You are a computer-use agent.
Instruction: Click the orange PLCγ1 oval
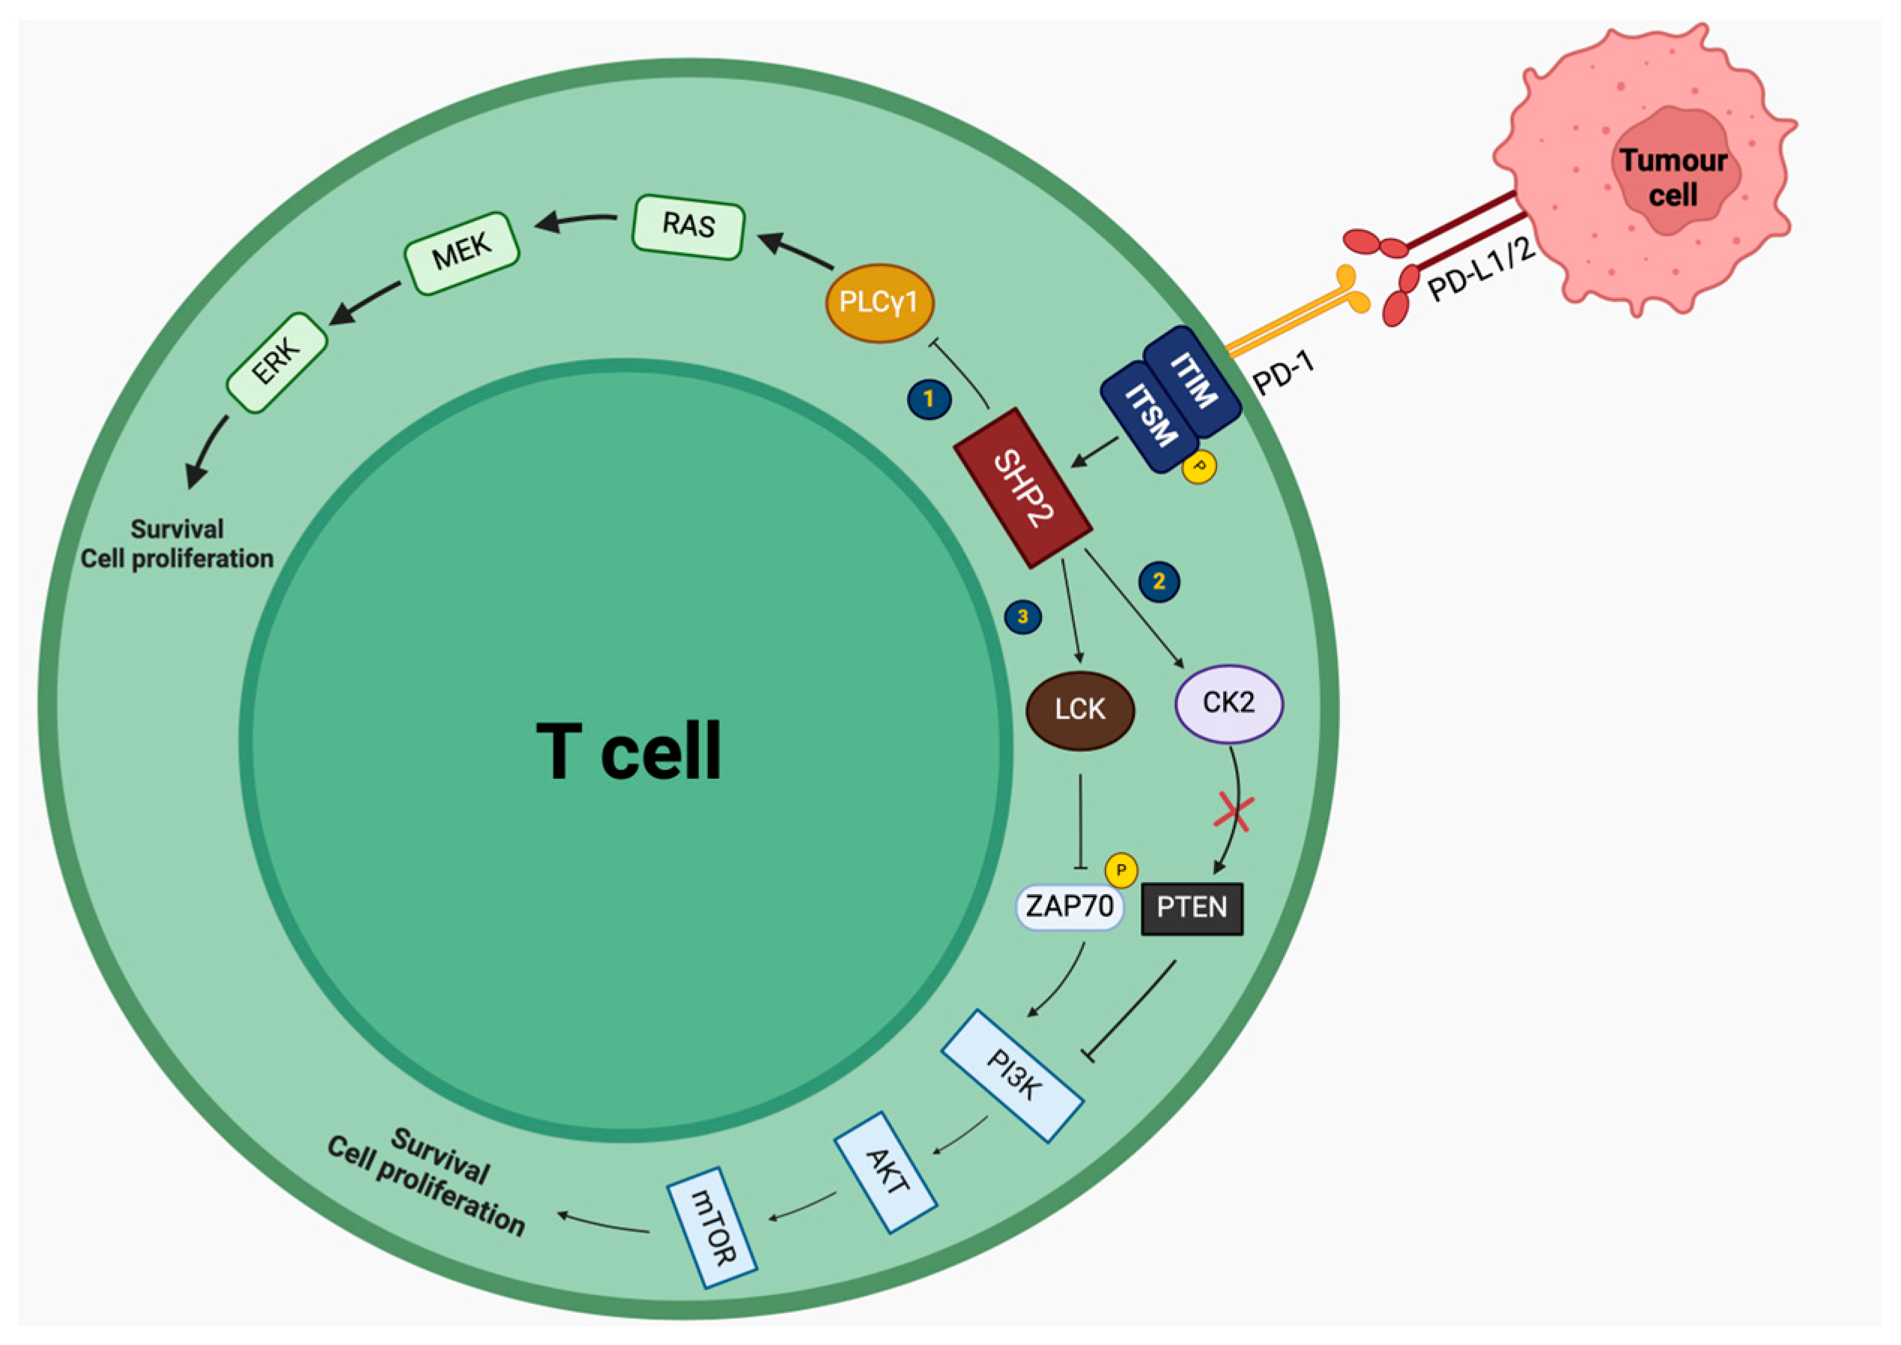pyautogui.click(x=879, y=303)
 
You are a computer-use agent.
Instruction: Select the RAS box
pyautogui.click(x=688, y=226)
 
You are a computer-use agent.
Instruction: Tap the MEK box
pyautogui.click(x=461, y=252)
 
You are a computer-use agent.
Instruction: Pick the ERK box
pyautogui.click(x=276, y=362)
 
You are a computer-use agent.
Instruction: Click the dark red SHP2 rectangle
pyautogui.click(x=1022, y=488)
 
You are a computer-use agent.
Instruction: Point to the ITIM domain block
pyautogui.click(x=1192, y=381)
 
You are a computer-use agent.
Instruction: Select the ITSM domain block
pyautogui.click(x=1150, y=416)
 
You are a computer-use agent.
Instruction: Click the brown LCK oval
pyautogui.click(x=1079, y=710)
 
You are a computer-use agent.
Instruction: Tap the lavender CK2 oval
pyautogui.click(x=1228, y=703)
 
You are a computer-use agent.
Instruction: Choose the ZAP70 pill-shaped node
pyautogui.click(x=1070, y=907)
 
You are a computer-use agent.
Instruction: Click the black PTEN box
pyautogui.click(x=1191, y=908)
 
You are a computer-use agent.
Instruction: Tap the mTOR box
pyautogui.click(x=712, y=1227)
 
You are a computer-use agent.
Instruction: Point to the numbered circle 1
pyautogui.click(x=929, y=399)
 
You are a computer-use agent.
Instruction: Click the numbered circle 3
pyautogui.click(x=1022, y=617)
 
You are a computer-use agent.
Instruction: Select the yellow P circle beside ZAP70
pyautogui.click(x=1121, y=870)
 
